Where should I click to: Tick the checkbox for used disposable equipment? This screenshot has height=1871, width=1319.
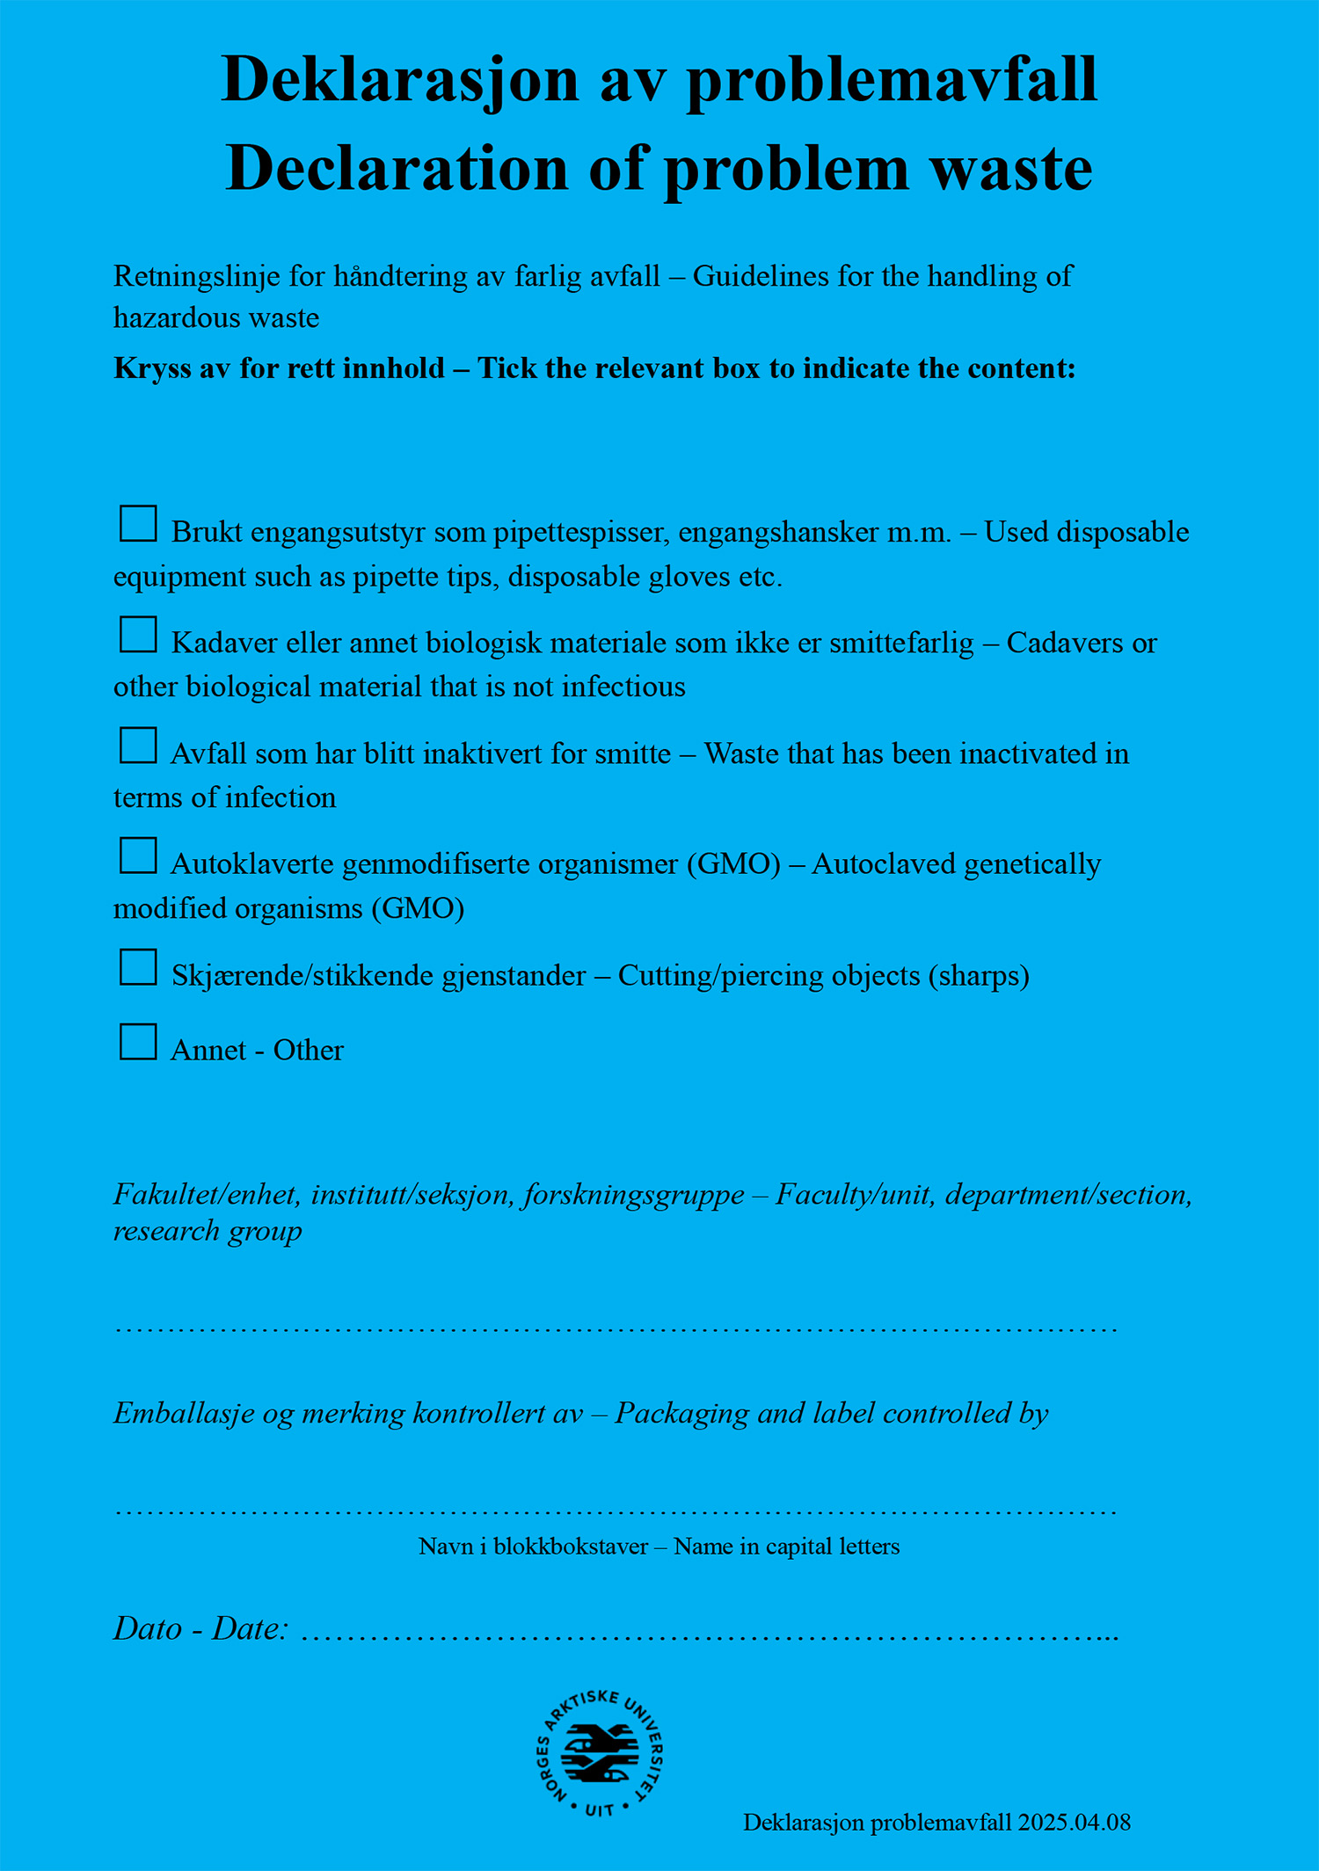pos(138,523)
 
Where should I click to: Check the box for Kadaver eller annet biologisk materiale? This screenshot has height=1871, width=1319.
pos(138,634)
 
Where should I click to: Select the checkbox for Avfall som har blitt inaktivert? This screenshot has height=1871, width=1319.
pos(138,745)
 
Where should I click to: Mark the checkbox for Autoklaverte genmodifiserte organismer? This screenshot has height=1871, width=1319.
pos(138,855)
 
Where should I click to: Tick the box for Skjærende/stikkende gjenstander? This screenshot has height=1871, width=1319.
pos(138,966)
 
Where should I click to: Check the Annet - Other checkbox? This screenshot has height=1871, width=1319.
pos(138,1042)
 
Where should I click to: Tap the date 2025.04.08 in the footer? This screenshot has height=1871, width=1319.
pos(1074,1823)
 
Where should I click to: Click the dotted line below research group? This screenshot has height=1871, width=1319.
pos(616,1329)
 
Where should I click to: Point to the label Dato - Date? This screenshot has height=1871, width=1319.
pos(200,1629)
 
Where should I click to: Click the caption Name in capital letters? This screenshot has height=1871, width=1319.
pos(786,1547)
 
